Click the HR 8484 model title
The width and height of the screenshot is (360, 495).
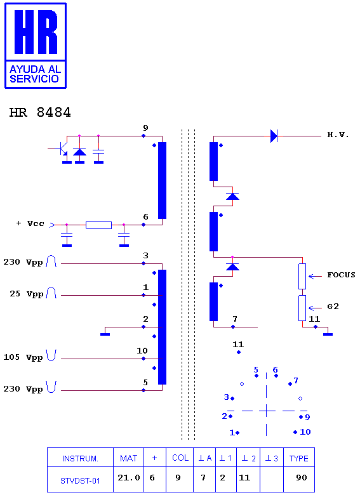coord(40,112)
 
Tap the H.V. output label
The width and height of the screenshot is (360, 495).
coord(338,135)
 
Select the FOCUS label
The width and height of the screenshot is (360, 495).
coord(341,275)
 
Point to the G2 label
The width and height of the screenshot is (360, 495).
coord(333,307)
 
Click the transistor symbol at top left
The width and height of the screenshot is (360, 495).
coord(62,148)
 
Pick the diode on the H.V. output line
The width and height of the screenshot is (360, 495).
coord(274,136)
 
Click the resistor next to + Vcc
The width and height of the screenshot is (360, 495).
coord(98,225)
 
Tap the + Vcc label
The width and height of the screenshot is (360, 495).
coord(30,223)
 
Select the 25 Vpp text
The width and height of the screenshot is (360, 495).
coord(26,294)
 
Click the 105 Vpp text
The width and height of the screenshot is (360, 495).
coord(23,357)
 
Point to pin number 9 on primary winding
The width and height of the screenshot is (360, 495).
coord(145,128)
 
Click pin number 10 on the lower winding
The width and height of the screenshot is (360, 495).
coord(142,351)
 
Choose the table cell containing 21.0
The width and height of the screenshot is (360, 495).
coord(128,478)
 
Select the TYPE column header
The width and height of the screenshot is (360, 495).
coord(299,458)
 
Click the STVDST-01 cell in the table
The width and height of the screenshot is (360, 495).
coord(80,480)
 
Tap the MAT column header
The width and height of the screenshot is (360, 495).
coord(128,458)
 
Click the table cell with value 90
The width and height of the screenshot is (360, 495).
coord(301,478)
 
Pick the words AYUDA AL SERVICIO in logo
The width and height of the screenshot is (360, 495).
coord(35,74)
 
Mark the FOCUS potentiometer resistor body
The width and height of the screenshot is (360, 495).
coord(302,276)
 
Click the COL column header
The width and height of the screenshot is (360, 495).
coord(180,458)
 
